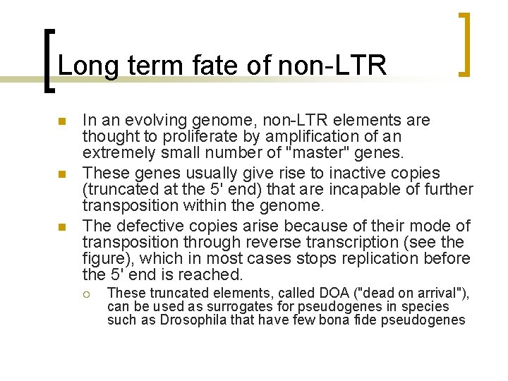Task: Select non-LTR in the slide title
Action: point(332,66)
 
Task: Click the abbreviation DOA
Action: point(325,293)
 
